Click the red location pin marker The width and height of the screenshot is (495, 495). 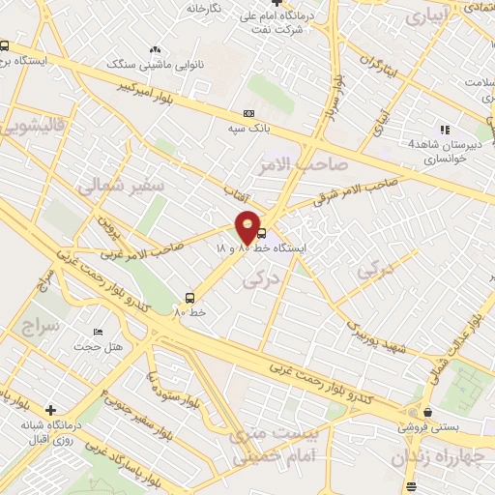pyautogui.click(x=248, y=227)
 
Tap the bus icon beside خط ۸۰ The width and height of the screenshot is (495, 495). pyautogui.click(x=189, y=298)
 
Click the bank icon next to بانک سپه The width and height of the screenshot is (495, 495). pyautogui.click(x=248, y=114)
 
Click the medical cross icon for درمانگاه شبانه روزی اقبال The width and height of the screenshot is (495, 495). pyautogui.click(x=50, y=411)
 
